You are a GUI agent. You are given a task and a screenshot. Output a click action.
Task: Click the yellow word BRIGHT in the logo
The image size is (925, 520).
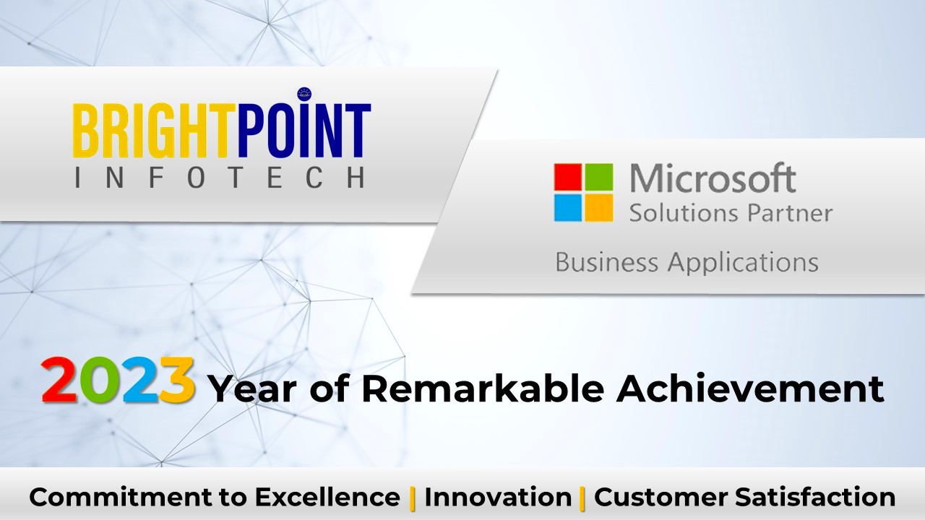coord(151,131)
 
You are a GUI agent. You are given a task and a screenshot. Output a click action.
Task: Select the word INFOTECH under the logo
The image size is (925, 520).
coord(220,178)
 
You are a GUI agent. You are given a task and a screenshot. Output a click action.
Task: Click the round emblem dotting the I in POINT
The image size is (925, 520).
coord(304,94)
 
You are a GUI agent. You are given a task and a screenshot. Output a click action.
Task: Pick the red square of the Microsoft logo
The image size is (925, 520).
coord(568,177)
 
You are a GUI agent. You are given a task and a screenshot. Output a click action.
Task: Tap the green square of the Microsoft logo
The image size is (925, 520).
coord(599,177)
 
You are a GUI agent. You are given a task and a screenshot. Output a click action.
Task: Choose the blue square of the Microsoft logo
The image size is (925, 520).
coord(568,208)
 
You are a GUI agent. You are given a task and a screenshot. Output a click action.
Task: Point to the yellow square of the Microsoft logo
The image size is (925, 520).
coord(599,208)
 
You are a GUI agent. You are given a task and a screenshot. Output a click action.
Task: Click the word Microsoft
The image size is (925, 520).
coord(713,178)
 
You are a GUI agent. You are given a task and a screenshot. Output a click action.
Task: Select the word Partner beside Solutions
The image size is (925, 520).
coord(790,213)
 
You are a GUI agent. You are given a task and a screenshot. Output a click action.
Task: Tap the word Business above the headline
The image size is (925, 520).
coord(606,262)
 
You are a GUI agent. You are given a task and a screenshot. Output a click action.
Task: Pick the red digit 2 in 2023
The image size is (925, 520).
coord(60,380)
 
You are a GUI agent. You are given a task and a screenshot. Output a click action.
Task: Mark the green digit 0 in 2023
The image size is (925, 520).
coord(99,380)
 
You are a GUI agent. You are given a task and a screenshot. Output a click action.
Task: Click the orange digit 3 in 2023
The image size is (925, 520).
coord(177,380)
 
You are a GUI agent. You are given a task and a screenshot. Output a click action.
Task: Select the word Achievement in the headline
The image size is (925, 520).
coord(750,389)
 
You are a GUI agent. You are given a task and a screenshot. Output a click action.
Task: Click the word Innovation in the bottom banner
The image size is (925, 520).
coord(498,496)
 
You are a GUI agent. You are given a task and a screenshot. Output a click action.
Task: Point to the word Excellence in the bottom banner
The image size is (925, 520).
coord(327,496)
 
